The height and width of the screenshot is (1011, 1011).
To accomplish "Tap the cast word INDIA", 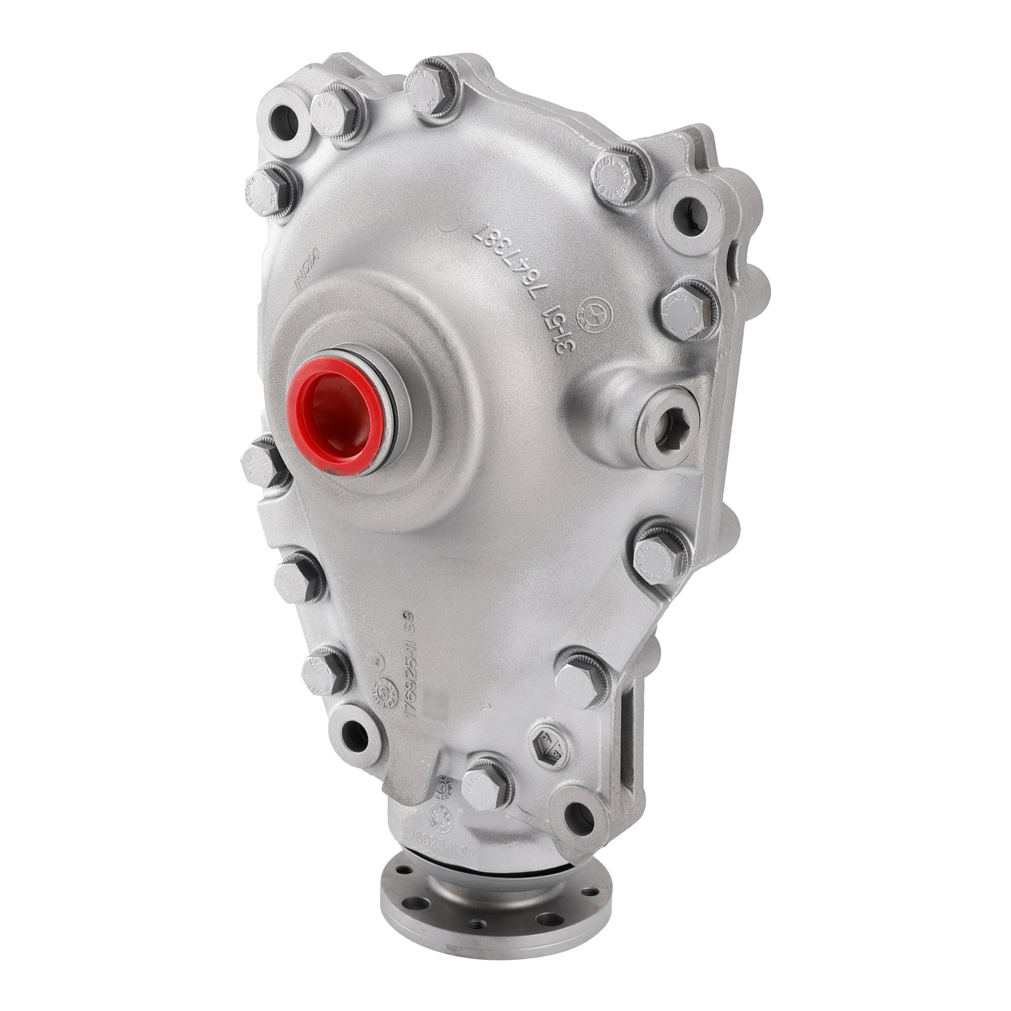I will click(308, 269).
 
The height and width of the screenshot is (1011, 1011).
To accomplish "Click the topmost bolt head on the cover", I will click(434, 87).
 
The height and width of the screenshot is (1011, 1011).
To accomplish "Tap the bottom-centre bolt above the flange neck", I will click(483, 787).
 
